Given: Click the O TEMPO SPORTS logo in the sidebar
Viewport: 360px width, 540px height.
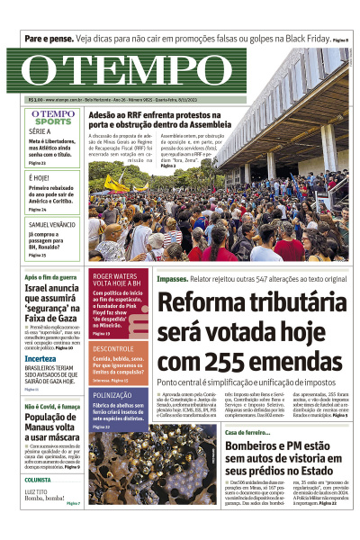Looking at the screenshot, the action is coord(53,118).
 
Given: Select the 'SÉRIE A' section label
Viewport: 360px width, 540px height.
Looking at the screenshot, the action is coord(40,131).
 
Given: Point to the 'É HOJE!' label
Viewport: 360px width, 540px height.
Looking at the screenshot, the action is coord(40,178).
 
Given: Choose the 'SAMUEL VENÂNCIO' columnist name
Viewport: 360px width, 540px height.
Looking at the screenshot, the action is coord(51,223).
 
